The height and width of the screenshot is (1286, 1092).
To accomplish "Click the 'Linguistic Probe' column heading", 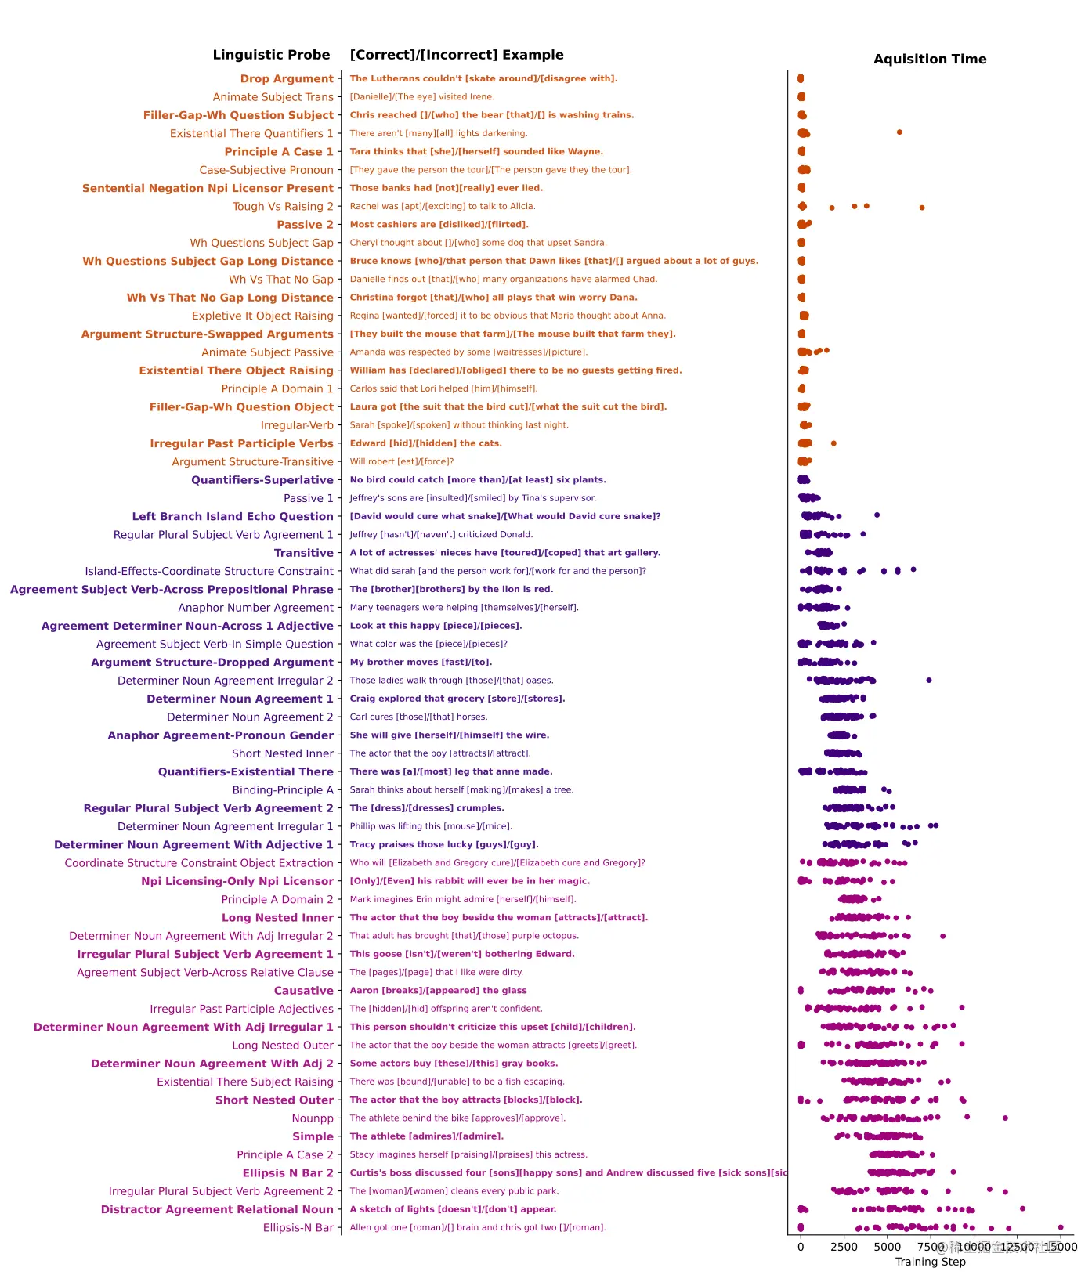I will pos(271,55).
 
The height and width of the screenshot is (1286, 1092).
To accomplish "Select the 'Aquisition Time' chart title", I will pos(930,60).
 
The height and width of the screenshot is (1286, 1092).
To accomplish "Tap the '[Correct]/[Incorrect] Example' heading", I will pos(457,55).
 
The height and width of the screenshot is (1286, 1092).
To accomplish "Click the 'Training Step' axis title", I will pos(930,1262).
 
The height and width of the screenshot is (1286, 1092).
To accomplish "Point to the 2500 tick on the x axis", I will pos(844,1247).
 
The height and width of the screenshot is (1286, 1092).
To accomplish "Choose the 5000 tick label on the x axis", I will pos(887,1247).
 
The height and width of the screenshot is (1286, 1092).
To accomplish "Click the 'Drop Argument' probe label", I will pos(287,79).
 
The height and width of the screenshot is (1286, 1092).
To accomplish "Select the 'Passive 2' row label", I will pos(305,225).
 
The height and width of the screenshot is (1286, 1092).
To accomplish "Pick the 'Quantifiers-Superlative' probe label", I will pos(262,480).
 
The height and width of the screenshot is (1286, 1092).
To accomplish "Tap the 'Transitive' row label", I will pos(303,553).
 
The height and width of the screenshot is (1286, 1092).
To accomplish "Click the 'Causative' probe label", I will pos(303,991).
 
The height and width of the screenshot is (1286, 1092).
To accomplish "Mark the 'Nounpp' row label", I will pos(313,1118).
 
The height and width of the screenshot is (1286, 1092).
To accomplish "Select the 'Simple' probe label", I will pos(313,1136).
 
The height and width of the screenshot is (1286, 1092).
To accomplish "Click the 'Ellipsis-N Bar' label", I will pos(298,1228).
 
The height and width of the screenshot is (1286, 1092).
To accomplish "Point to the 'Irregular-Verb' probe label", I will pos(297,425).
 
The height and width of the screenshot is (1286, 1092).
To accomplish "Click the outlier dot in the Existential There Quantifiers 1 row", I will pos(899,132).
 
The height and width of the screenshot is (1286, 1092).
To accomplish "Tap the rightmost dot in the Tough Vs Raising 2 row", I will pos(922,208).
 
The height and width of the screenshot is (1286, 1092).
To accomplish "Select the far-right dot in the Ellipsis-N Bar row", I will pos(1061,1227).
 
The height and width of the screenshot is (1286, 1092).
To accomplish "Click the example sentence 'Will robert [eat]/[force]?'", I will pos(402,462).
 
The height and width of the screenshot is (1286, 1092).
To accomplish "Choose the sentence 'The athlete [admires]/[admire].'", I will pos(427,1136).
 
